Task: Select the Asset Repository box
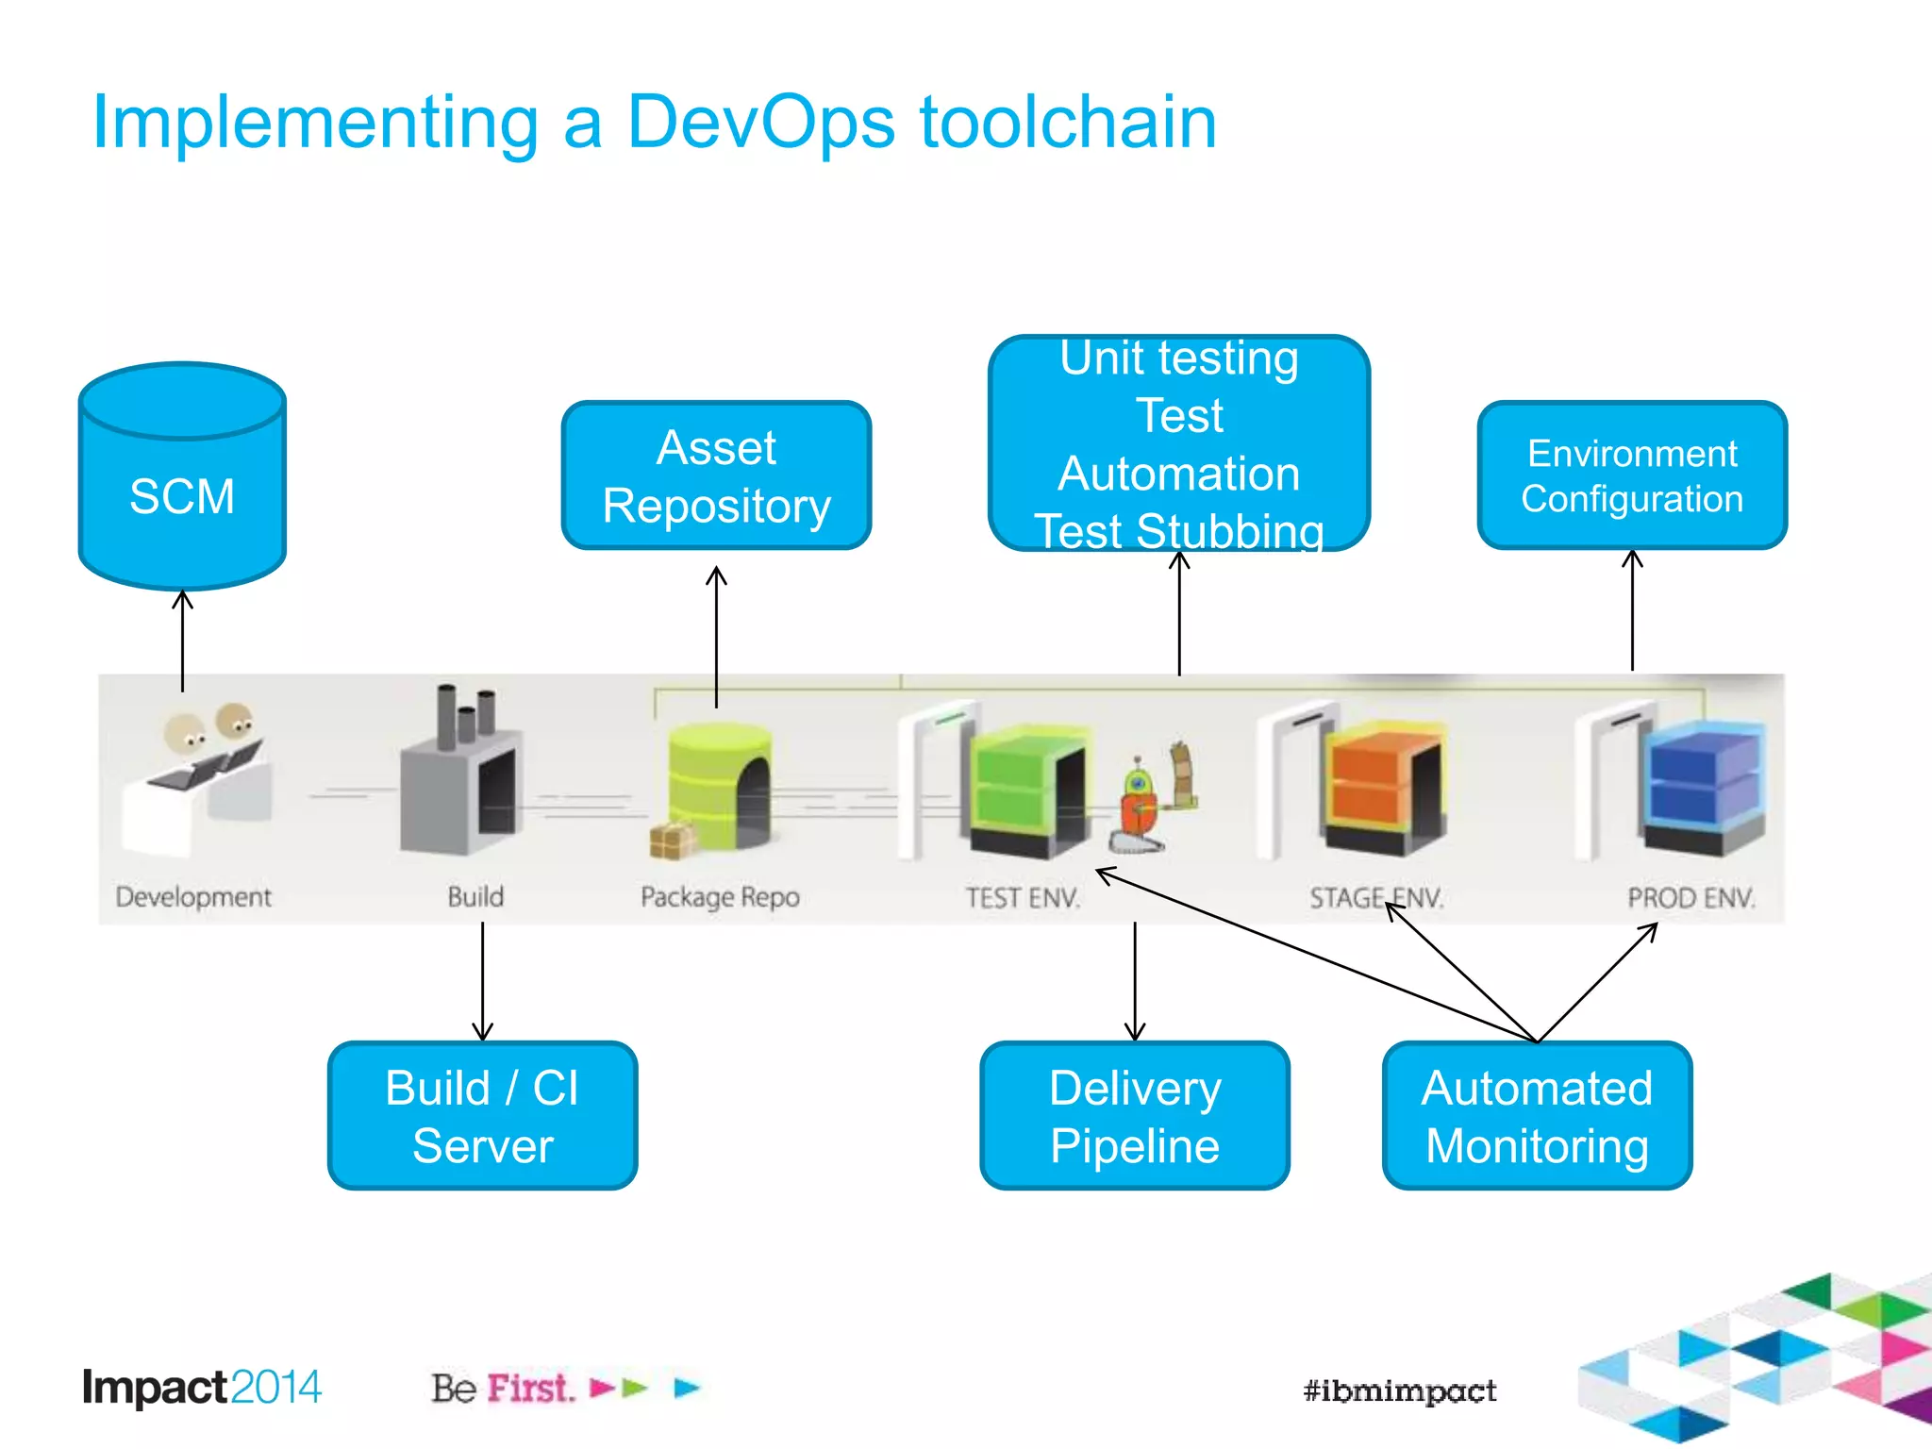[x=716, y=475]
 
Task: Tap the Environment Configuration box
[x=1632, y=475]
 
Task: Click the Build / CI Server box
[x=482, y=1115]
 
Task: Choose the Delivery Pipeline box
[x=1135, y=1115]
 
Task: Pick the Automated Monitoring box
[x=1537, y=1115]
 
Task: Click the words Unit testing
[x=1179, y=358]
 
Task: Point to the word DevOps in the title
[x=760, y=123]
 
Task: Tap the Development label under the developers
[x=193, y=896]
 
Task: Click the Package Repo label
[x=720, y=896]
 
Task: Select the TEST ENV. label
[x=1023, y=897]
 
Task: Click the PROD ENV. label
[x=1691, y=897]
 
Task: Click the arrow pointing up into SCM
[x=183, y=641]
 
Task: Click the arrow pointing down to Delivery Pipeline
[x=1135, y=981]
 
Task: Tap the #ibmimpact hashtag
[x=1400, y=1391]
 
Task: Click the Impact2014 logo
[x=202, y=1388]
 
